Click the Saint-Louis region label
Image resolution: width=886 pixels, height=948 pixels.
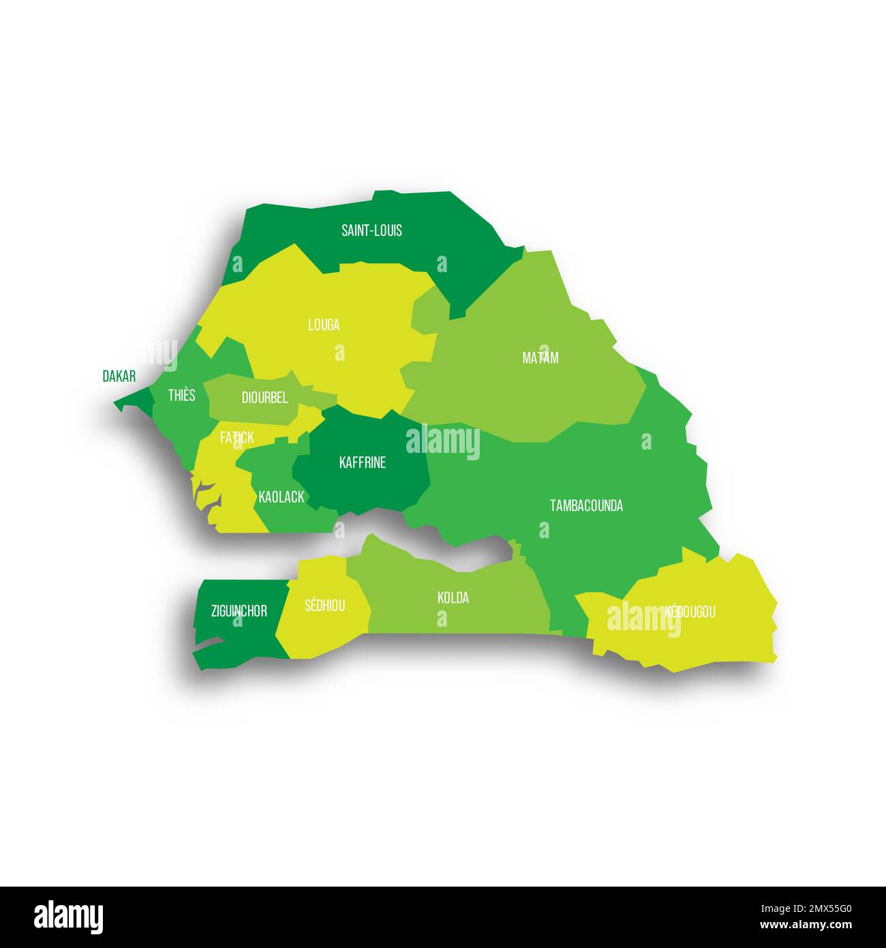[x=371, y=231]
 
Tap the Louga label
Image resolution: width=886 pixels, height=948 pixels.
[x=324, y=325]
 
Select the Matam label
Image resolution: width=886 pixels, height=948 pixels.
[x=540, y=357]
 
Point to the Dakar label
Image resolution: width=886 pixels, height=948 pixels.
[x=119, y=376]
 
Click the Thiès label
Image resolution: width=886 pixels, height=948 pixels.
[x=181, y=395]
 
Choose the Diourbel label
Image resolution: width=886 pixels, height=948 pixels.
[x=264, y=398]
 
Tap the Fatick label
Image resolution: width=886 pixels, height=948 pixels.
[x=236, y=438]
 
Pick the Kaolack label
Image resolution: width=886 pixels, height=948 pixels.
[x=281, y=497]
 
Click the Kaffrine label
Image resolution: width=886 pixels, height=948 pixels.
[x=362, y=462]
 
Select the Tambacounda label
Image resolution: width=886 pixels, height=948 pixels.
[x=586, y=505]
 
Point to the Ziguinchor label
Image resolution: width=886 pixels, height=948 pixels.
[x=239, y=611]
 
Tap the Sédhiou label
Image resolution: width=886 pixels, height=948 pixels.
[x=324, y=605]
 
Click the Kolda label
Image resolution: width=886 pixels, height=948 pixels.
[x=453, y=598]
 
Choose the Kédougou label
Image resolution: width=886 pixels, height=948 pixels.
[x=690, y=612]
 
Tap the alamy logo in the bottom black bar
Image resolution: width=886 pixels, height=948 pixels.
[x=68, y=917]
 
